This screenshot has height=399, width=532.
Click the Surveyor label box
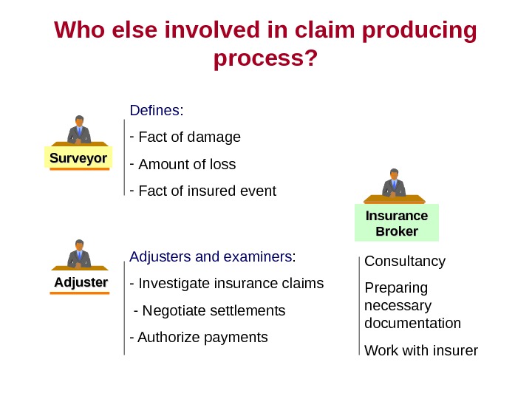tap(78, 158)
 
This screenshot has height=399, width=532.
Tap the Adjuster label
tap(81, 283)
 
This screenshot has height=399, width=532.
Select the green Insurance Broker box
tap(396, 223)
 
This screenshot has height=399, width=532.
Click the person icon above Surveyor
tap(78, 130)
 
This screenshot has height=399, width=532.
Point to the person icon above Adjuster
tap(78, 254)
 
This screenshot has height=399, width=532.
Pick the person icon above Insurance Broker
tap(393, 185)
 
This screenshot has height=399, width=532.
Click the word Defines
tap(154, 111)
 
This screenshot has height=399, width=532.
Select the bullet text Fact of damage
tap(189, 137)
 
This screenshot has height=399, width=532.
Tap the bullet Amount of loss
tap(187, 164)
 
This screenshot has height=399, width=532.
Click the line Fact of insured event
tap(207, 191)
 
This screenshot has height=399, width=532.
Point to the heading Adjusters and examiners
tap(211, 257)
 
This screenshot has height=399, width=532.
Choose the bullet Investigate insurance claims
tap(231, 284)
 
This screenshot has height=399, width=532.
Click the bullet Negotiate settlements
tap(213, 310)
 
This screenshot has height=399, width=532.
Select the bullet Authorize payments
tap(202, 338)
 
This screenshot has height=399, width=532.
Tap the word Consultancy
tap(405, 262)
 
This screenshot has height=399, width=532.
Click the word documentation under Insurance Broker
tap(412, 324)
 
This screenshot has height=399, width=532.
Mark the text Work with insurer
tap(421, 350)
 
